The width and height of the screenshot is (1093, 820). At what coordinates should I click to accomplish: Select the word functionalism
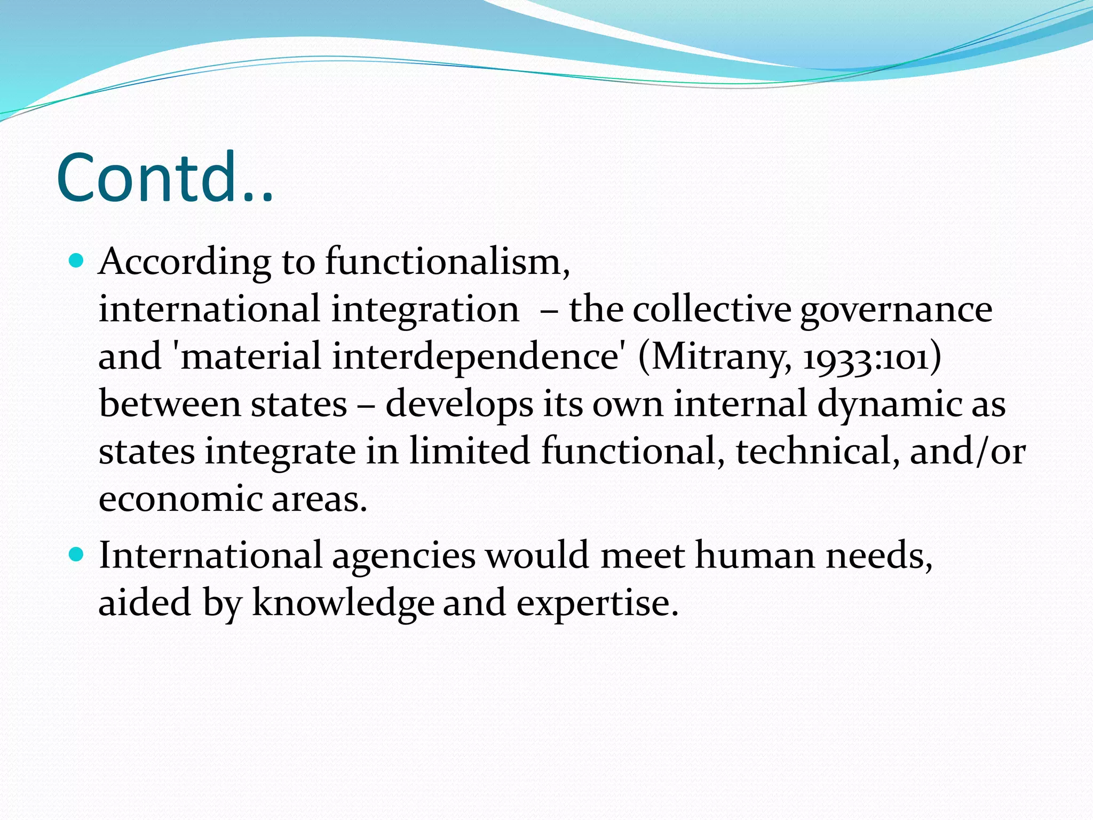tap(447, 263)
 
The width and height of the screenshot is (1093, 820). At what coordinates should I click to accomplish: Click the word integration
tap(425, 310)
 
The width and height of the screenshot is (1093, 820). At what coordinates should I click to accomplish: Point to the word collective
tap(711, 310)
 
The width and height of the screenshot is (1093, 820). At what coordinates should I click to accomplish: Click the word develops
tap(459, 405)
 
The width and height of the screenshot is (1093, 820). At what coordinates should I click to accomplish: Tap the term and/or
tap(967, 451)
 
